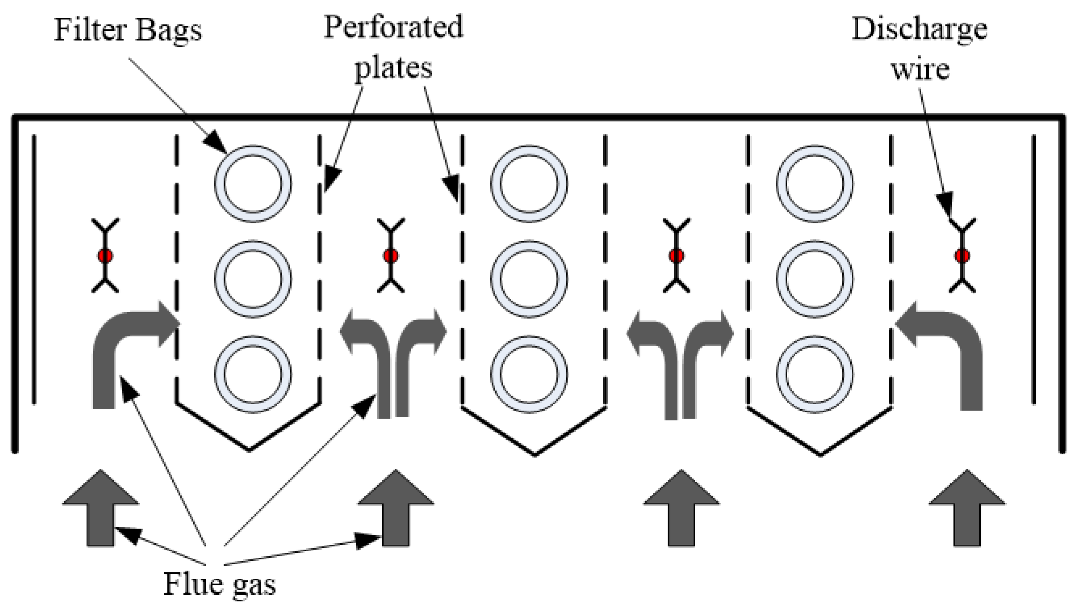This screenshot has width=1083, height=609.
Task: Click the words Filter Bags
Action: (128, 30)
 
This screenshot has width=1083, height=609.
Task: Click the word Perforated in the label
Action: (393, 27)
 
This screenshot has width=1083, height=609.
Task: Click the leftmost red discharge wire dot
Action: (105, 256)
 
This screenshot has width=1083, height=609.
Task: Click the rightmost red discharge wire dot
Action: (962, 256)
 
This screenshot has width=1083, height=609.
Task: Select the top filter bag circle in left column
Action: (253, 184)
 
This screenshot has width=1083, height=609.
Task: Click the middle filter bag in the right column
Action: (814, 279)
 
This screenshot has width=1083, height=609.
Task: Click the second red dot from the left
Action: (391, 256)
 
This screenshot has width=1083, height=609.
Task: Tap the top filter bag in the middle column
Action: (529, 184)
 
